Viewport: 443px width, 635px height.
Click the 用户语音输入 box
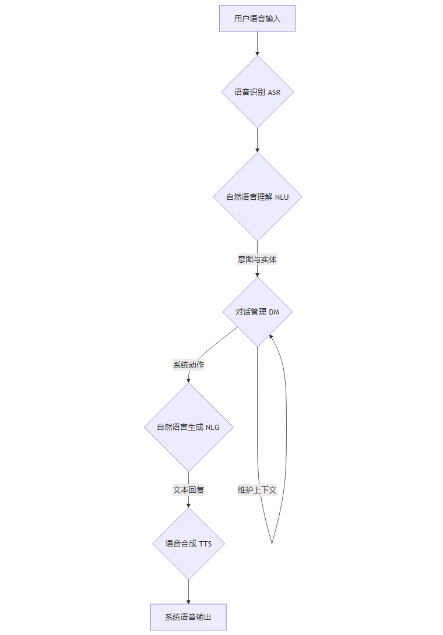click(x=257, y=19)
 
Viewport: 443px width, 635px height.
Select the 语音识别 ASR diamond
click(x=257, y=92)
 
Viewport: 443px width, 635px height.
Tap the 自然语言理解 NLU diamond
click(x=257, y=197)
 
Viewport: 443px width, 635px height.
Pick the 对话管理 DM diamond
click(x=257, y=312)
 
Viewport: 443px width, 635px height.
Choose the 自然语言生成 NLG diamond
click(x=188, y=427)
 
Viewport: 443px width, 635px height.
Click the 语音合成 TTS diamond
click(x=188, y=544)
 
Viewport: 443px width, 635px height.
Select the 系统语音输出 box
click(x=188, y=617)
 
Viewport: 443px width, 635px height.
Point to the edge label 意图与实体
click(x=257, y=259)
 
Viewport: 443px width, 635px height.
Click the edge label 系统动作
click(x=188, y=365)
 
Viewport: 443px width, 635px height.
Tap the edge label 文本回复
click(x=188, y=490)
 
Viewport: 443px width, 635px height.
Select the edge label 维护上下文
click(x=257, y=490)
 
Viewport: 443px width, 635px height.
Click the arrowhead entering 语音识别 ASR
click(x=257, y=54)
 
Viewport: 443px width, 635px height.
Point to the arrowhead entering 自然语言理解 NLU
click(x=257, y=150)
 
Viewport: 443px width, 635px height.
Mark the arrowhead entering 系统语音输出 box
click(x=188, y=601)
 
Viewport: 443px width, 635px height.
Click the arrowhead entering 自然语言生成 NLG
click(x=188, y=380)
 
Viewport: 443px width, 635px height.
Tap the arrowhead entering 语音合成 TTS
click(x=188, y=506)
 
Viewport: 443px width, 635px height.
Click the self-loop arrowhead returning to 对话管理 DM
click(x=271, y=337)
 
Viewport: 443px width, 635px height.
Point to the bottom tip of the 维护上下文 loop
click(x=272, y=543)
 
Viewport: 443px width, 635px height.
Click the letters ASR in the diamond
click(x=274, y=92)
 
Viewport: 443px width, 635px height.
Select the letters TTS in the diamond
click(x=205, y=544)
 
